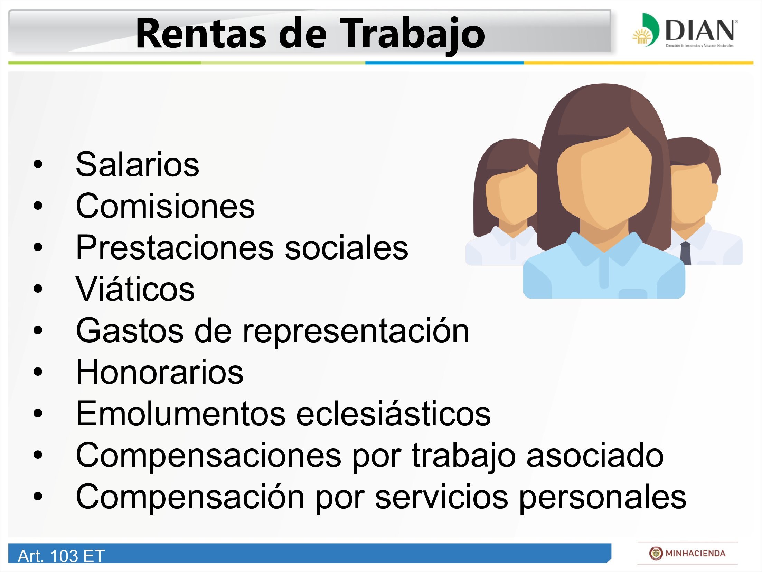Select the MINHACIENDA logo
point(687,553)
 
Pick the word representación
point(356,332)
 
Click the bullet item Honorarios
point(160,372)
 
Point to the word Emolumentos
point(181,414)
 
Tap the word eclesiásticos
point(393,414)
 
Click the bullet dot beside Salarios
point(38,164)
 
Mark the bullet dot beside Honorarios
point(38,372)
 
